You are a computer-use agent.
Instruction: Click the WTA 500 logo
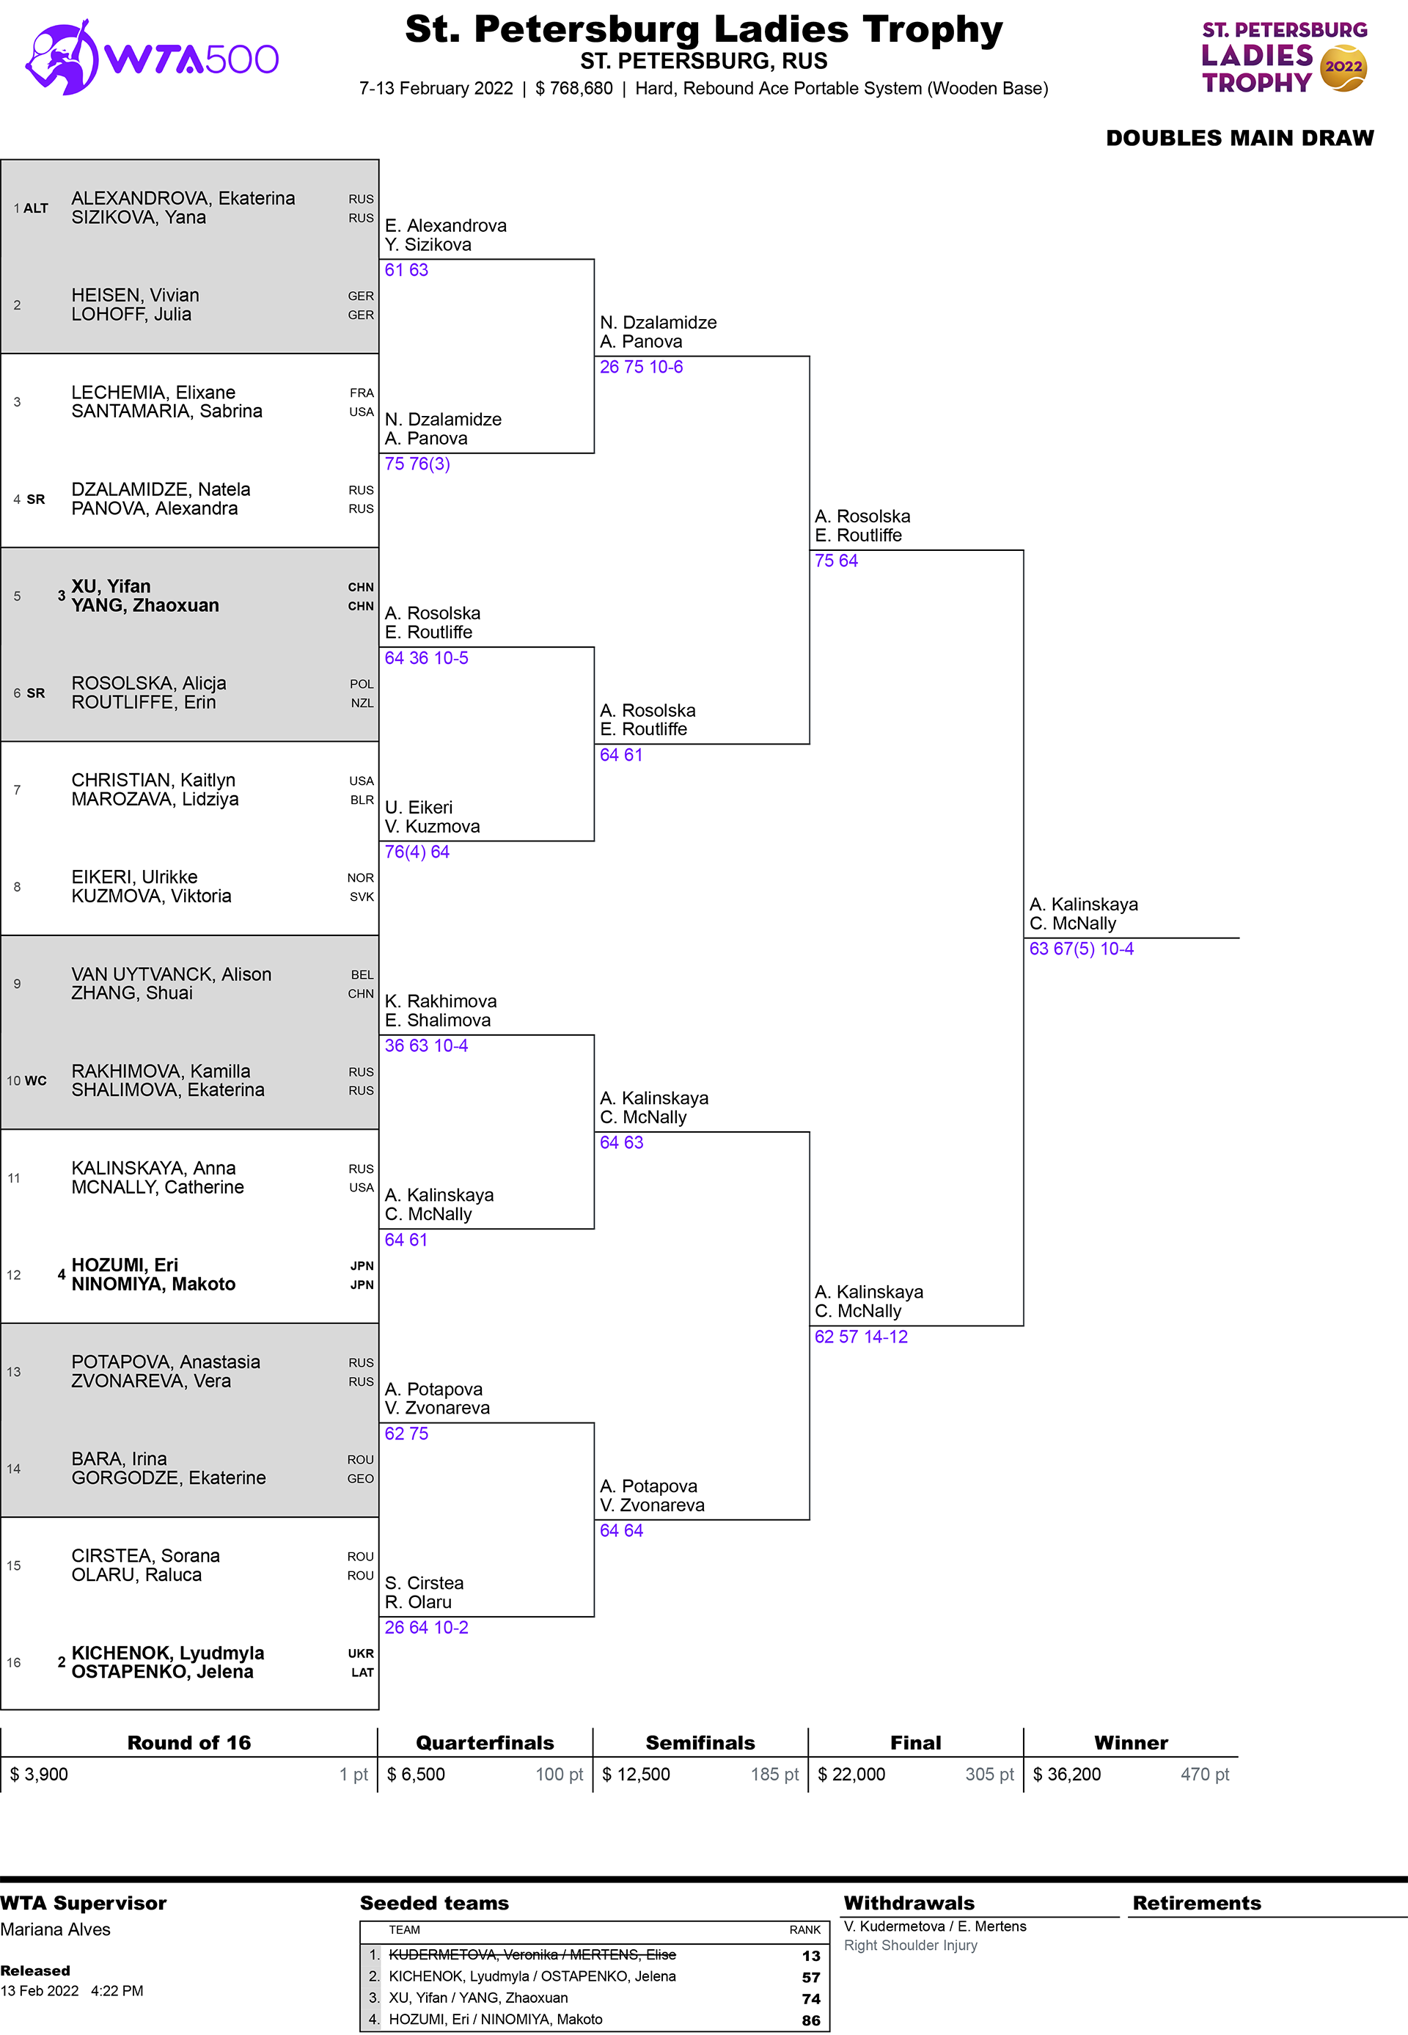152,58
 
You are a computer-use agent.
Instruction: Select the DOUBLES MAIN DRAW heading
1239,139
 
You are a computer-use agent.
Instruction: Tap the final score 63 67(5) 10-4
1081,949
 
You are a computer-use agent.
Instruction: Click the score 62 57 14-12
860,1337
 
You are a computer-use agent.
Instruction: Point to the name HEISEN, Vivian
135,295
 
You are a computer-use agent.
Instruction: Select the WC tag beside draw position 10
35,1081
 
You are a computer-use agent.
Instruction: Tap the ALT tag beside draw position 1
35,208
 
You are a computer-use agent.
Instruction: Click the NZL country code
362,704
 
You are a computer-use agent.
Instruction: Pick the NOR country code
360,878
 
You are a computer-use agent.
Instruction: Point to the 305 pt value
989,1775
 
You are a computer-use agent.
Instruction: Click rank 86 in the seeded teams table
810,2020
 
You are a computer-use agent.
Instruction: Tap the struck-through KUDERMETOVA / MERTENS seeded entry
532,1955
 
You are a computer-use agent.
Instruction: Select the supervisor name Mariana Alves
56,1930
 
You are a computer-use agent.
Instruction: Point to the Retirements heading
1196,1904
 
